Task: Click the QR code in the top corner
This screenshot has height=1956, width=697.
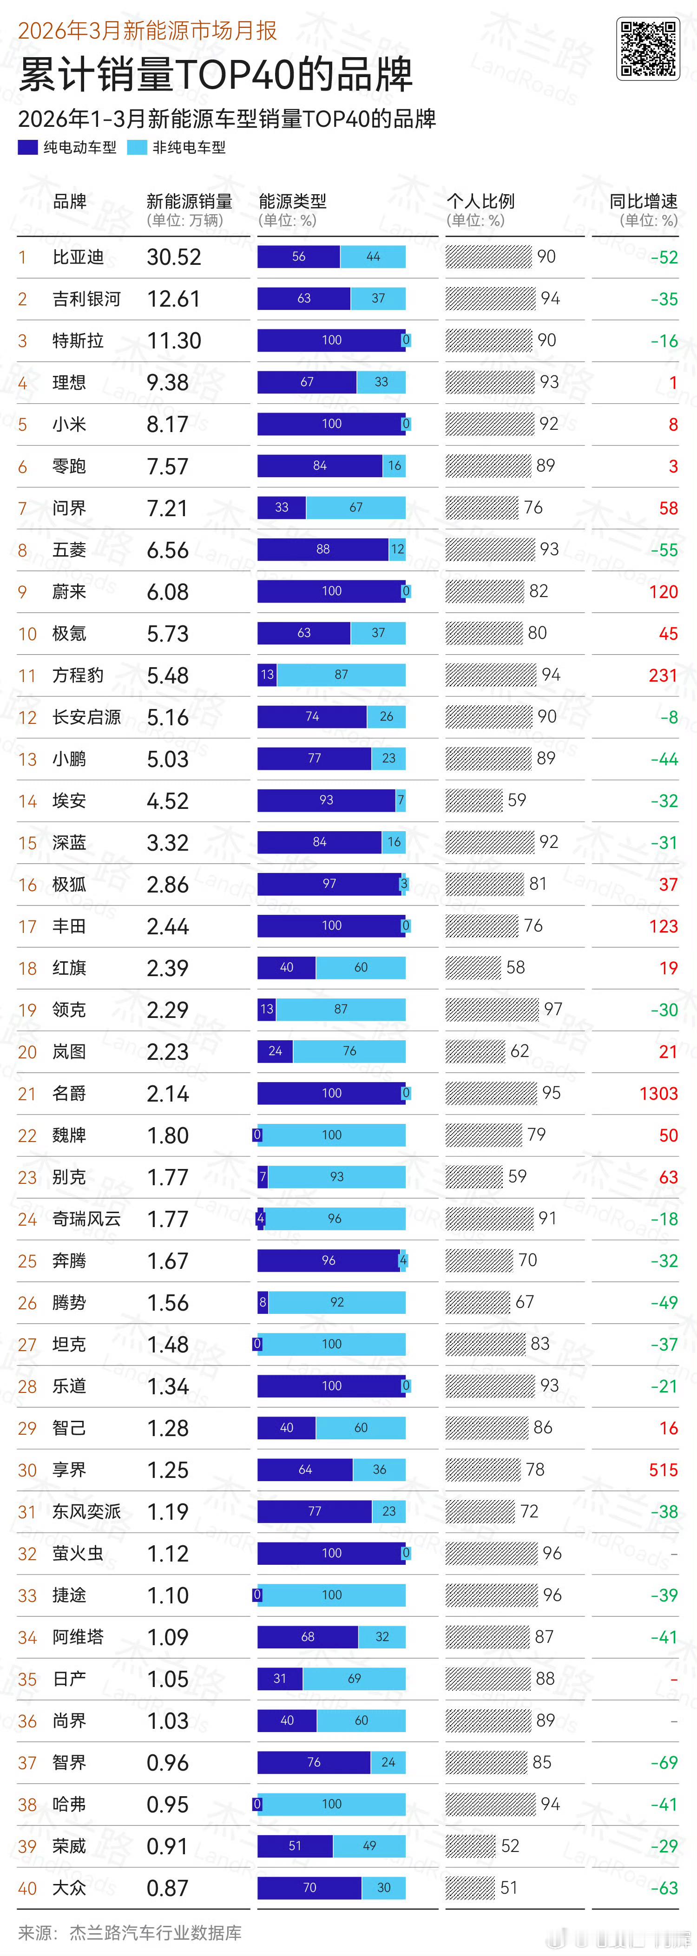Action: pos(648,49)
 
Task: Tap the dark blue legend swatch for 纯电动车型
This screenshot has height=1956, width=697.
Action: pos(28,147)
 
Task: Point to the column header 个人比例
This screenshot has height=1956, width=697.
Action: pos(480,201)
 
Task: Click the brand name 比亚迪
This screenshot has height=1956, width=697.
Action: pos(78,257)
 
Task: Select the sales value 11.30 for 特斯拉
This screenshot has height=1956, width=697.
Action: pos(174,341)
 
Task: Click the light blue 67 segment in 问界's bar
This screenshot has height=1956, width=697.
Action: pos(355,507)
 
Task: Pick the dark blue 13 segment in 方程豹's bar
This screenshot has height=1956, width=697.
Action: pos(267,674)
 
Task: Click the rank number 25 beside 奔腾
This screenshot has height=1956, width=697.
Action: pos(27,1261)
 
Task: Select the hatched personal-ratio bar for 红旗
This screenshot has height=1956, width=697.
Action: pos(473,967)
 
